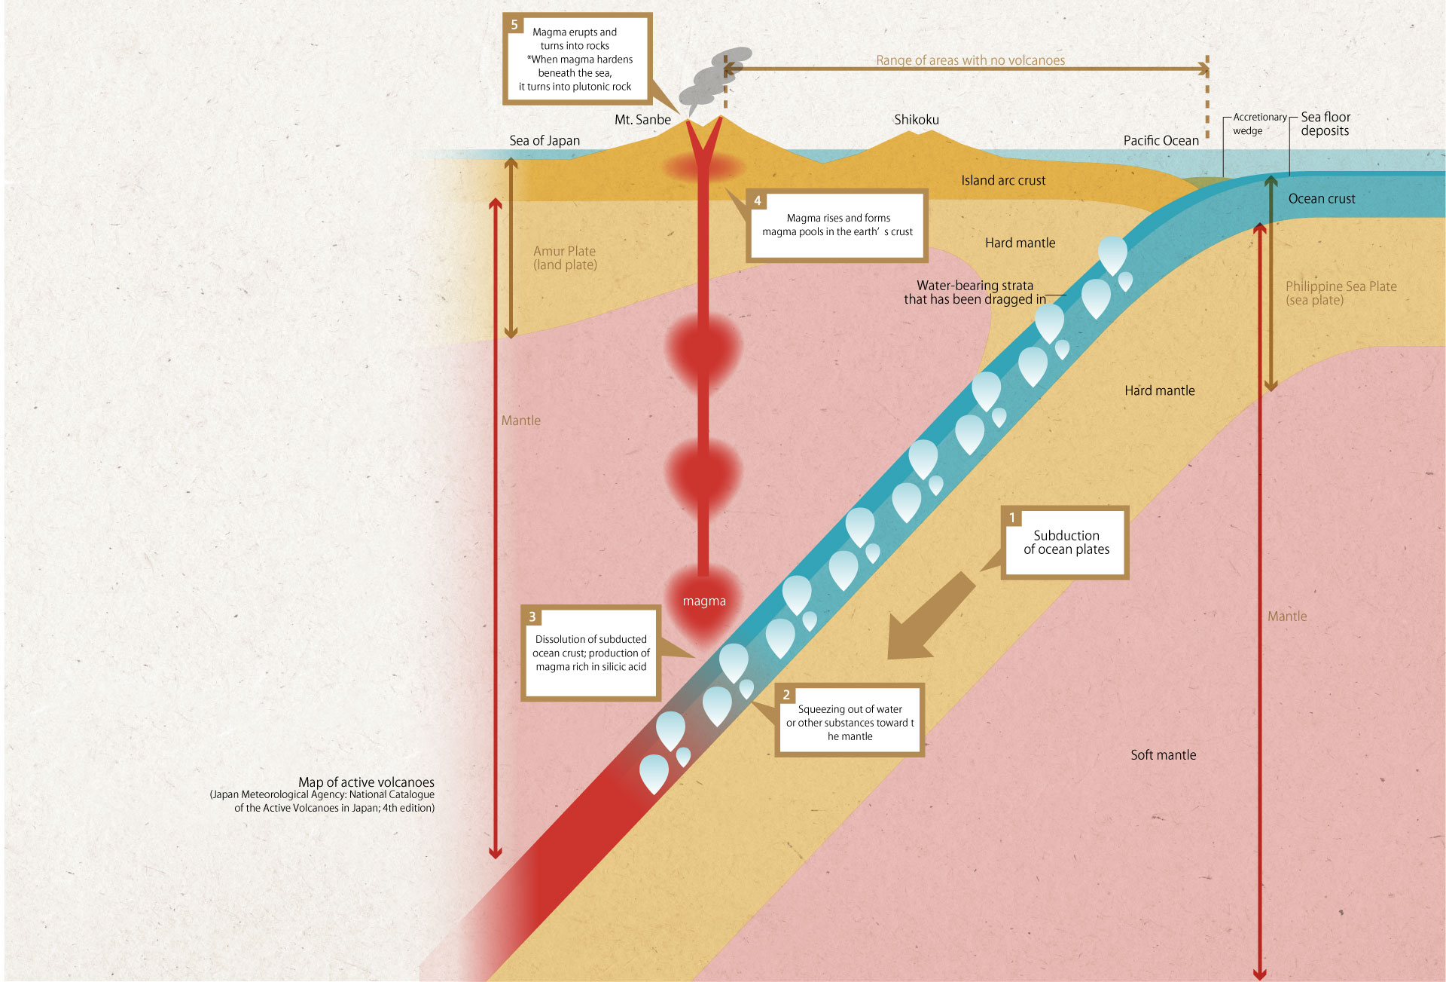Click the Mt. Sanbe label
pos(642,120)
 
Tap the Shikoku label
pos(916,120)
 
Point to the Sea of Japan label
pos(545,141)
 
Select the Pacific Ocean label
pos(1161,141)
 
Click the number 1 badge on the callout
pos(1012,518)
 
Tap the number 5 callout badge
pos(514,25)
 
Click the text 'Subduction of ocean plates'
pos(1066,543)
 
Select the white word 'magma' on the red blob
pos(704,601)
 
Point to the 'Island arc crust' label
pos(1003,181)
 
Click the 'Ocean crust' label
pos(1321,199)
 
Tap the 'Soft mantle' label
pos(1163,755)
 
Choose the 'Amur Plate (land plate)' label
pos(565,258)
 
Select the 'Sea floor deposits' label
pos(1325,124)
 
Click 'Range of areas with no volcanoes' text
pos(970,60)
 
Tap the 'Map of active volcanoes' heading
pos(366,782)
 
